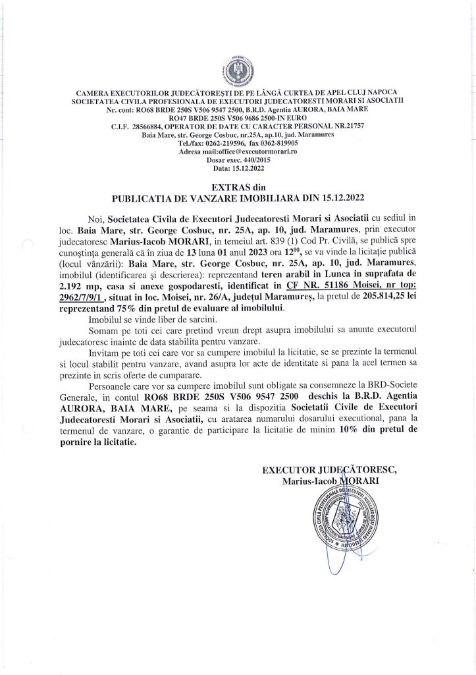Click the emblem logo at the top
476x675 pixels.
pos(238,69)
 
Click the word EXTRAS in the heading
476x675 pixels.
pos(228,188)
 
